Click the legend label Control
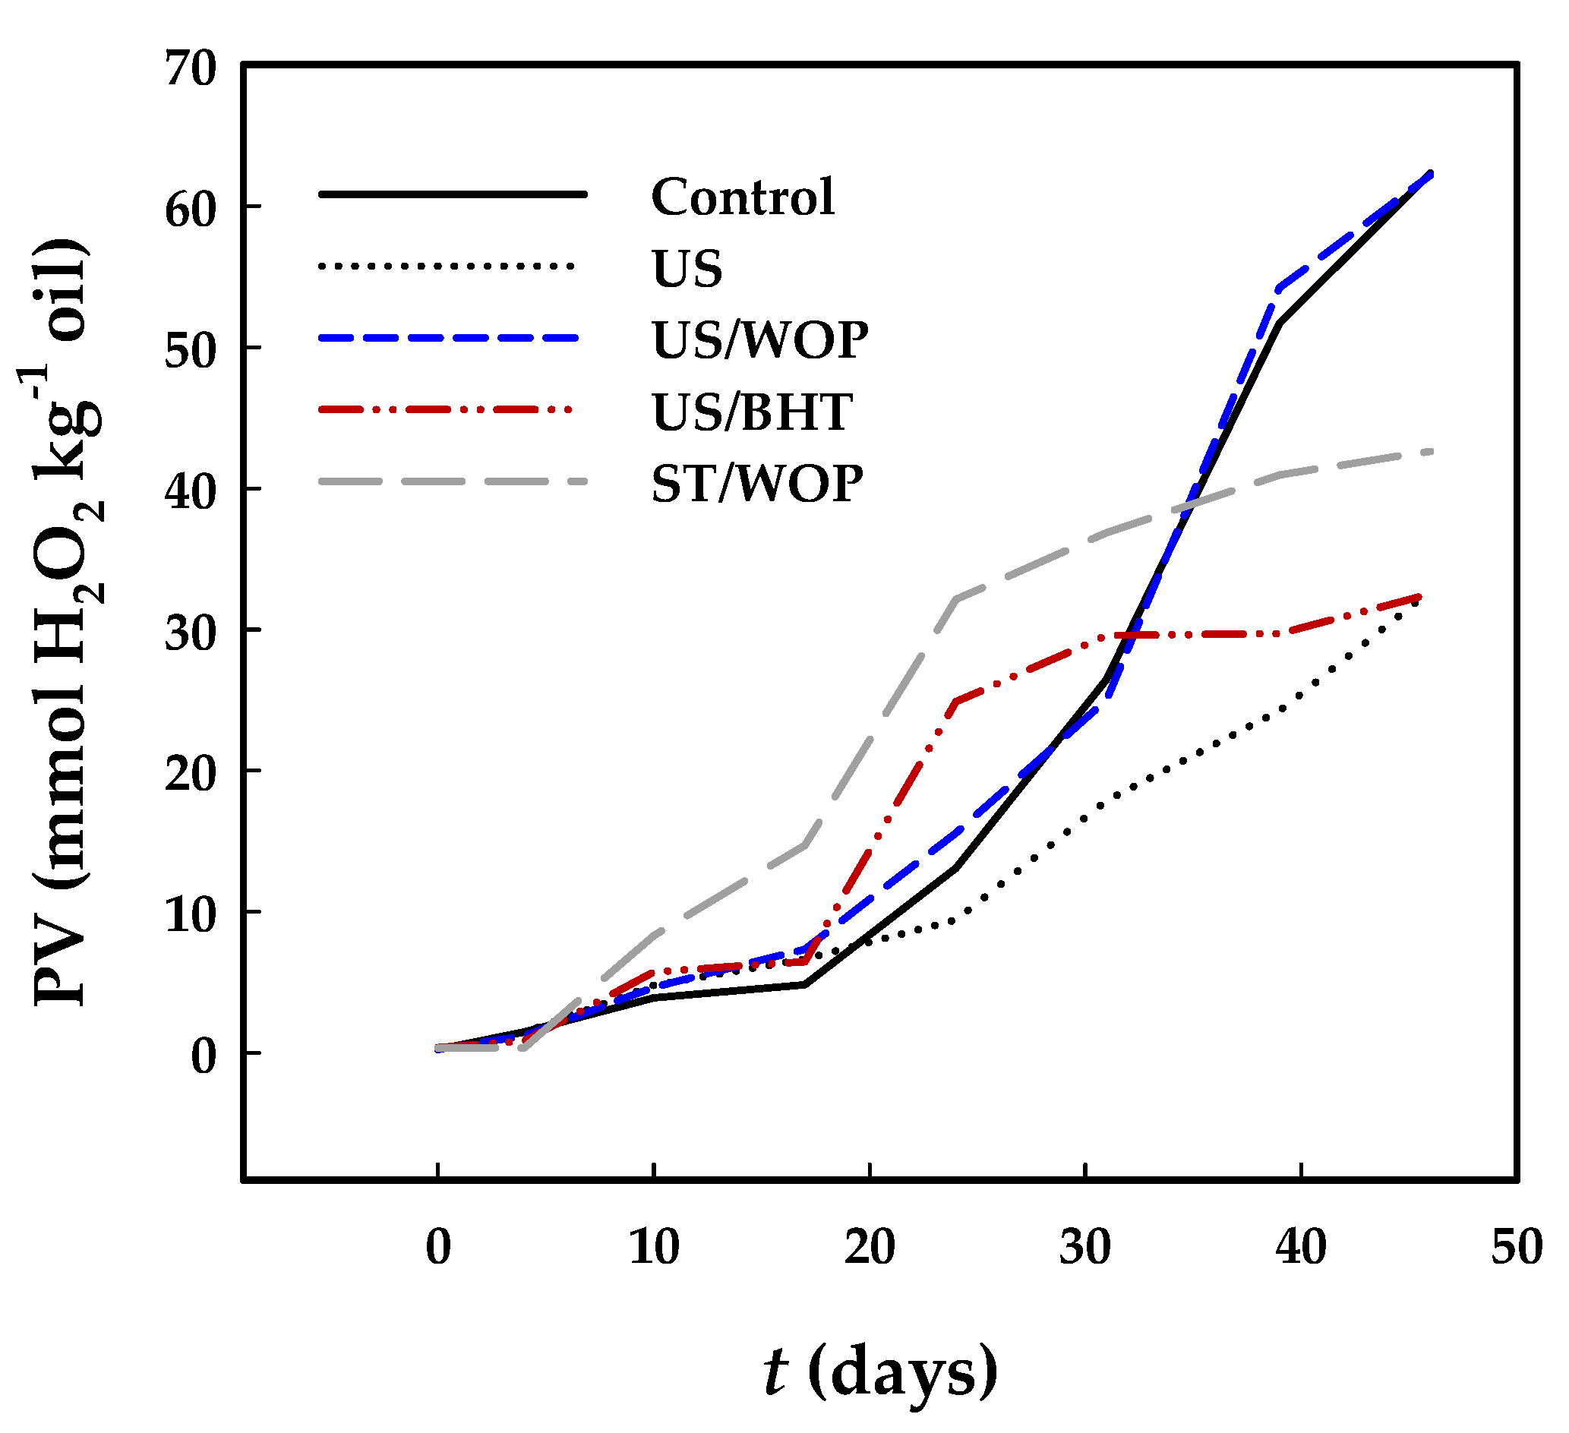743,196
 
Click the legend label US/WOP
759,340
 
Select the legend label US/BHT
752,412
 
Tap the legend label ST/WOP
756,484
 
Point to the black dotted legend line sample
447,267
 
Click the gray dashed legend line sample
451,481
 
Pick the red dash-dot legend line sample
447,409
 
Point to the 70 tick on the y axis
189,68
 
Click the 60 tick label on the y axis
189,210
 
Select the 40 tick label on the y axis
189,492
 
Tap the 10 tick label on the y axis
189,914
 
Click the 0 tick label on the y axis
203,1056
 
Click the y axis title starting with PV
62,623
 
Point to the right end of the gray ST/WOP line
1431,451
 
